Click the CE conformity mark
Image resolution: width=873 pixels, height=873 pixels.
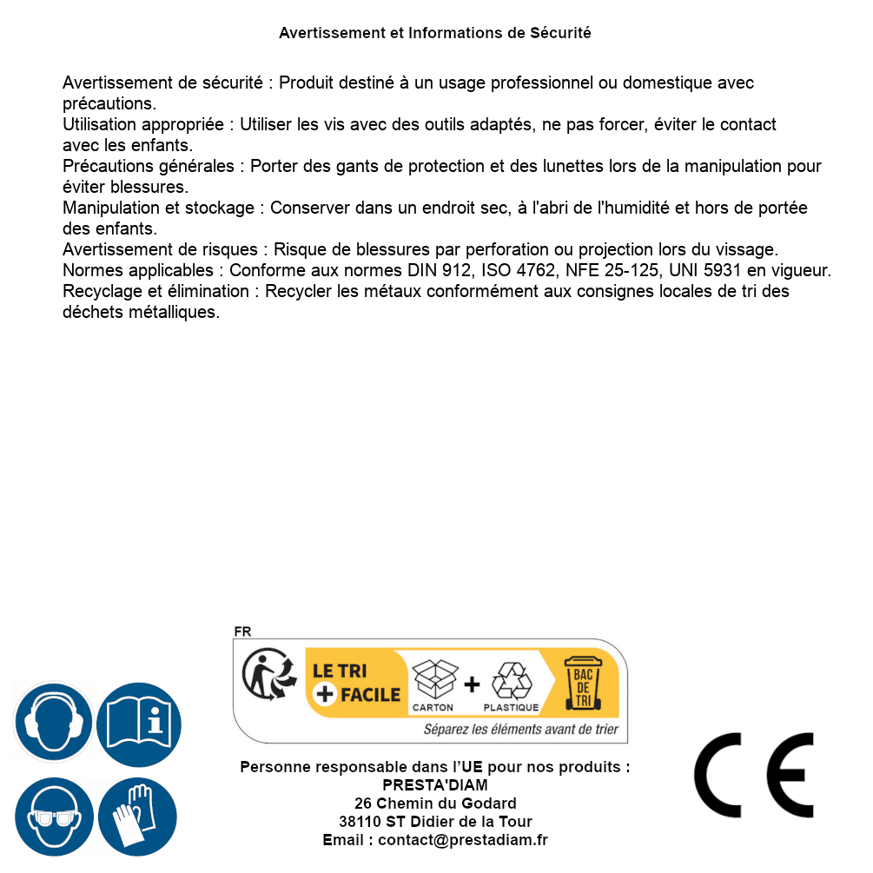[x=753, y=775]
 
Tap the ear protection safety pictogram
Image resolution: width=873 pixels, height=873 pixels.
[x=54, y=722]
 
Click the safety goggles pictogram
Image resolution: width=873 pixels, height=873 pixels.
[x=54, y=817]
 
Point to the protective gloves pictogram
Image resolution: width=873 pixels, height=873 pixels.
[x=137, y=817]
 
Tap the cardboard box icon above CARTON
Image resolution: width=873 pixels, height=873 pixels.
[x=433, y=678]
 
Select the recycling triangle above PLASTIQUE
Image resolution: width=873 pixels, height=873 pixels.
[x=511, y=680]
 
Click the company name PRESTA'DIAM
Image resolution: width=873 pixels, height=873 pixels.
[x=435, y=785]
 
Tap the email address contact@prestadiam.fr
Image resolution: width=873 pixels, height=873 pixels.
[x=463, y=840]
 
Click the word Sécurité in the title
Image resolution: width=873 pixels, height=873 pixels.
[x=560, y=33]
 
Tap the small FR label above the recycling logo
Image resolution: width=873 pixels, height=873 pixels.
[x=242, y=632]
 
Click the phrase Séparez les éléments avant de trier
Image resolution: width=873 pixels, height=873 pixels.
[x=520, y=730]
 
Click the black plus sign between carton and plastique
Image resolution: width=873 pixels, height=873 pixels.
[x=472, y=685]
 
